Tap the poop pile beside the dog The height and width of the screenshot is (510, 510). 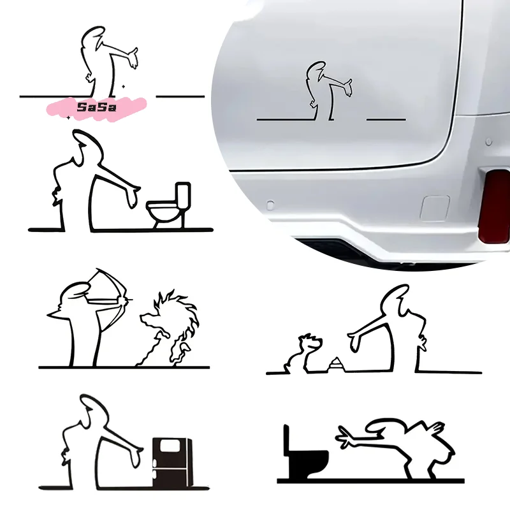[x=333, y=365]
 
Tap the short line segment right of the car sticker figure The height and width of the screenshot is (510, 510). [x=386, y=119]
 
